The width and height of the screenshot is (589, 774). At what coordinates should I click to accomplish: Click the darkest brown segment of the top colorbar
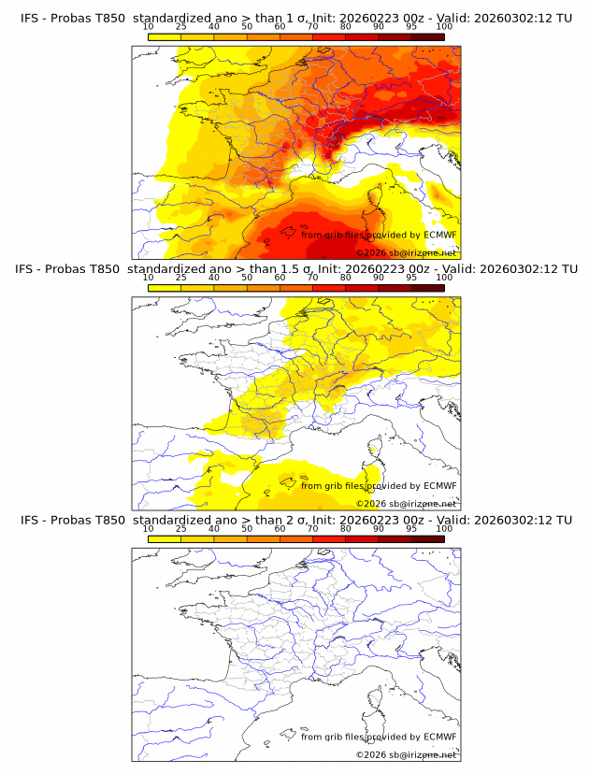[427, 36]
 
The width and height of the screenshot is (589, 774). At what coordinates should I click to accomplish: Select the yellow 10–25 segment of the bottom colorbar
[165, 537]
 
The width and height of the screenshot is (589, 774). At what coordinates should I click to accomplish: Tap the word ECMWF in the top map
[439, 235]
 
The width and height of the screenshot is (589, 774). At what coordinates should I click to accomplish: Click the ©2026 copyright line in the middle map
[407, 503]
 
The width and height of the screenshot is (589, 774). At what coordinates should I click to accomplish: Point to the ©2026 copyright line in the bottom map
[407, 754]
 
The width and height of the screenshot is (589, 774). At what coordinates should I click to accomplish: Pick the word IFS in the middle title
[30, 269]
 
